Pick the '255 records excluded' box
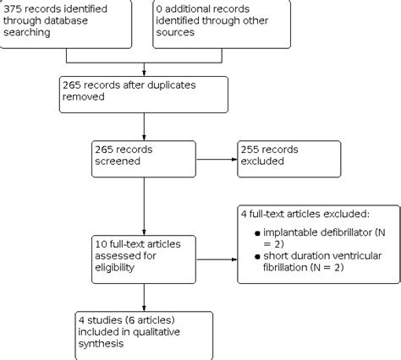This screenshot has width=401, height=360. pyautogui.click(x=291, y=158)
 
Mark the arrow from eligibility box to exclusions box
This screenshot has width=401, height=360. pyautogui.click(x=217, y=244)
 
